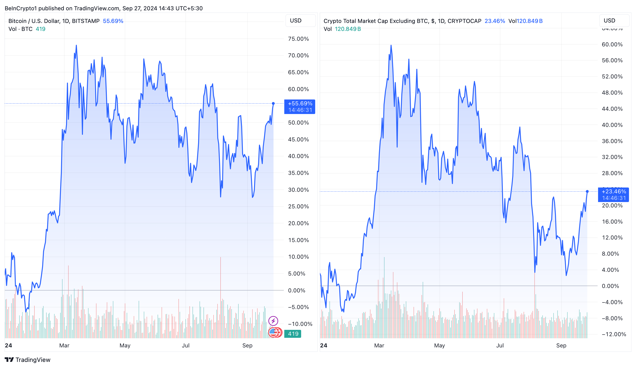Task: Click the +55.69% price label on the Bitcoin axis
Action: click(x=300, y=104)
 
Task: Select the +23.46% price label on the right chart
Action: click(x=613, y=191)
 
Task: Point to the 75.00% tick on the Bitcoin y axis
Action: click(x=298, y=39)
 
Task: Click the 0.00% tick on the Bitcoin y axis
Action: click(x=296, y=290)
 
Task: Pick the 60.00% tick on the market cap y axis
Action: click(x=612, y=44)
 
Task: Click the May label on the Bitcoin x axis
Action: click(x=125, y=346)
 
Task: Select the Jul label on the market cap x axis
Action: click(x=500, y=346)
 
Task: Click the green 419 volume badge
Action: click(x=293, y=334)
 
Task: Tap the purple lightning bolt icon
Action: click(x=273, y=321)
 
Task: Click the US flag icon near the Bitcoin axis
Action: click(x=273, y=332)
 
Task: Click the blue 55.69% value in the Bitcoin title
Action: click(x=113, y=21)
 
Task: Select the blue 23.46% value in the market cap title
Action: click(x=495, y=21)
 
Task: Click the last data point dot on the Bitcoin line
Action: click(x=273, y=103)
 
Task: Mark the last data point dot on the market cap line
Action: click(x=587, y=191)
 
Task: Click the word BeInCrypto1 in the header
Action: click(x=21, y=8)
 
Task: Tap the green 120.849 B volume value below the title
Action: click(x=348, y=29)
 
